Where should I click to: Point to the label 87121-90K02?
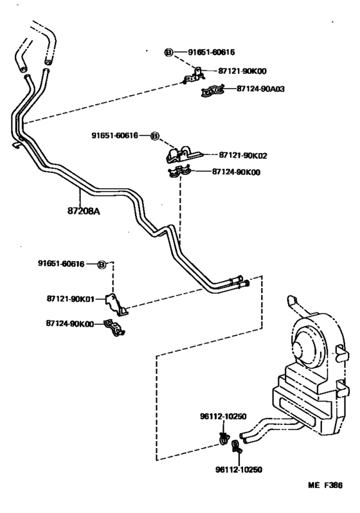point(243,155)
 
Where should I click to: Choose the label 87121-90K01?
point(71,299)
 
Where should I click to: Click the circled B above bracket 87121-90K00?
point(168,52)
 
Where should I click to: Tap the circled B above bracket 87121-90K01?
point(101,264)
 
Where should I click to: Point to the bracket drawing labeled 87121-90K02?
point(184,155)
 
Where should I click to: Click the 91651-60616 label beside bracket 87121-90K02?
point(114,136)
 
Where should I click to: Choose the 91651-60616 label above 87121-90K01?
point(62,264)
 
